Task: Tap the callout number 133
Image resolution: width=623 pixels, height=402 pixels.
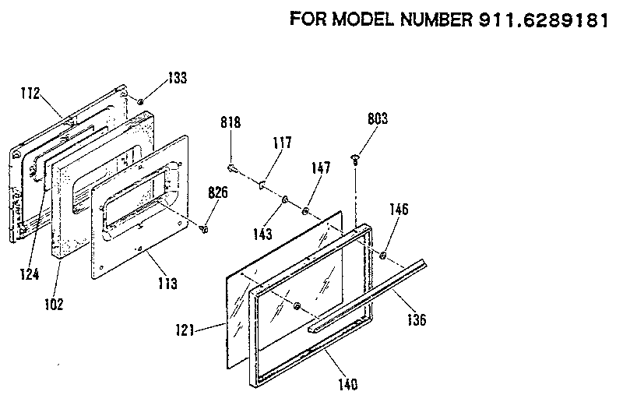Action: coord(177,79)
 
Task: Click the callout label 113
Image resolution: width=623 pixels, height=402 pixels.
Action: coord(167,282)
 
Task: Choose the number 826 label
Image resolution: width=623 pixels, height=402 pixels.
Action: coord(217,193)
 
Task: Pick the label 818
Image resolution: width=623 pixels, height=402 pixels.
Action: coord(231,122)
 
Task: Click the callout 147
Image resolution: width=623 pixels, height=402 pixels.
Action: coord(321,168)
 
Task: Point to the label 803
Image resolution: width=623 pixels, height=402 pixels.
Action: coord(377,118)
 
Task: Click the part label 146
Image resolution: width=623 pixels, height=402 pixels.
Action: coord(398,210)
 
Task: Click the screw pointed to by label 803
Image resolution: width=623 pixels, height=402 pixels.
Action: coord(357,159)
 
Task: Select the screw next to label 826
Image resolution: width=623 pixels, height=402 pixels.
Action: coord(204,227)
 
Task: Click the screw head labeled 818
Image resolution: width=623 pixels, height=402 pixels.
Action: coord(233,165)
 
